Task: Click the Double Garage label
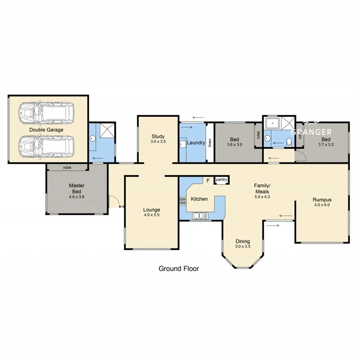(46, 130)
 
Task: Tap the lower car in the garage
(47, 146)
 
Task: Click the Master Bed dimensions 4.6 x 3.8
(76, 197)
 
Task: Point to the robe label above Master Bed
(67, 168)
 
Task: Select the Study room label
(158, 136)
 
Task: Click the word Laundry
(196, 143)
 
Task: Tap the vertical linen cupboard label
(210, 143)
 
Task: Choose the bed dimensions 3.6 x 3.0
(234, 145)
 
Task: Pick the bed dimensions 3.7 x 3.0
(326, 145)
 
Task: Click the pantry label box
(222, 180)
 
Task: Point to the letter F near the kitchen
(208, 181)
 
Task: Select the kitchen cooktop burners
(183, 199)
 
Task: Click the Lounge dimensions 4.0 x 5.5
(152, 215)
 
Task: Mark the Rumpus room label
(322, 200)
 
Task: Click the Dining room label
(242, 241)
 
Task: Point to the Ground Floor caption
(178, 268)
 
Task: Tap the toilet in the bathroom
(289, 142)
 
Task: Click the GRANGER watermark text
(311, 132)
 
